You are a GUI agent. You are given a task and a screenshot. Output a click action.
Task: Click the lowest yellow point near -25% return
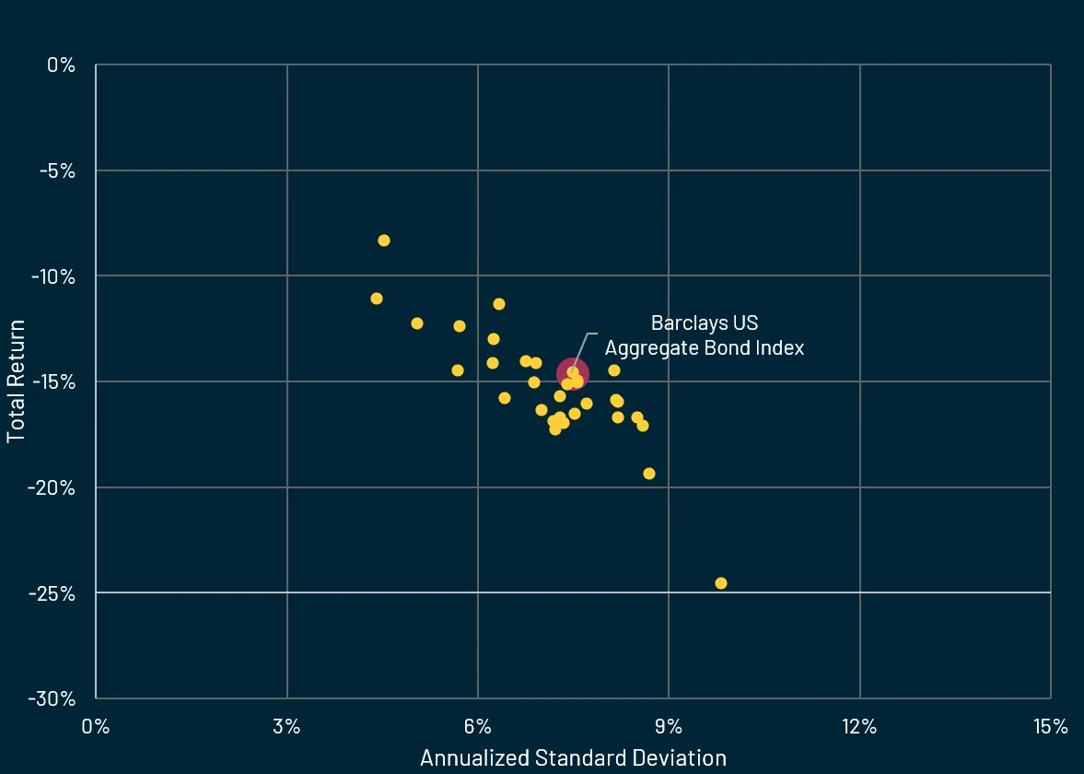coord(720,583)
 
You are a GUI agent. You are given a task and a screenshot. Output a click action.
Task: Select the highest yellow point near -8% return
coord(384,240)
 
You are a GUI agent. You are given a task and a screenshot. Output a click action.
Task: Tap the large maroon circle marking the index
coord(572,373)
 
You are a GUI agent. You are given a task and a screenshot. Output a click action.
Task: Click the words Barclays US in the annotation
coord(705,323)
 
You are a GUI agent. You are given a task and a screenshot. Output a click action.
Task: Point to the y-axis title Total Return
coord(16,381)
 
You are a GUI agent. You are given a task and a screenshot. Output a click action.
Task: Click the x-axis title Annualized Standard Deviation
coord(573,757)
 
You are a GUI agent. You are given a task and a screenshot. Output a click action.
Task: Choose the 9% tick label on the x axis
coord(669,727)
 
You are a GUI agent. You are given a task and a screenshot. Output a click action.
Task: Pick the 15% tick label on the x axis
coord(1050,727)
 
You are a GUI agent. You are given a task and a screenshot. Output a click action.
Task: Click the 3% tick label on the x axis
coord(287,727)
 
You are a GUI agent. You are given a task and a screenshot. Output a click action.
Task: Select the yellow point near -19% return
coord(648,474)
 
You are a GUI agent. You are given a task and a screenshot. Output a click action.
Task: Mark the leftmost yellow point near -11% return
coord(377,299)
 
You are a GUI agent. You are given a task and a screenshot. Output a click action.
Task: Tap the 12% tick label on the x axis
coord(859,727)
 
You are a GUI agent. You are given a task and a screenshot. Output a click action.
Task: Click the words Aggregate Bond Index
coord(705,348)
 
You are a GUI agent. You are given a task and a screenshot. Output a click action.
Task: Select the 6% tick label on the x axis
coord(478,727)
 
